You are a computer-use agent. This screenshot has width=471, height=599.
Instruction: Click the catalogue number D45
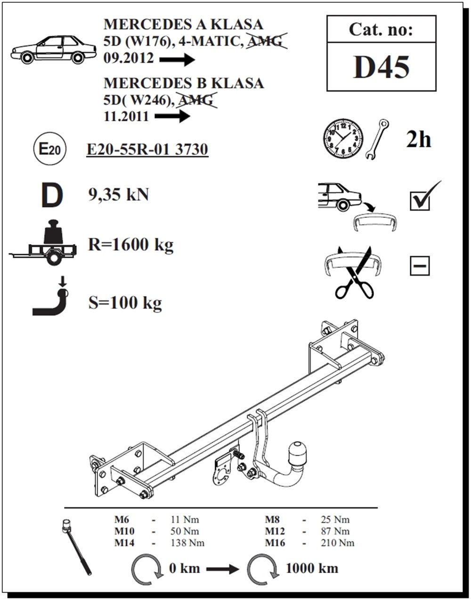tap(381, 67)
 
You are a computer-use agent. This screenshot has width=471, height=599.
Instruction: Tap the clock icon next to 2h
tap(342, 138)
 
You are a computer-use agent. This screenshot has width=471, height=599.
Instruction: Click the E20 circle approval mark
tap(49, 150)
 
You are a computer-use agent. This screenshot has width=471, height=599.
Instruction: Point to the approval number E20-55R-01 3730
tap(147, 149)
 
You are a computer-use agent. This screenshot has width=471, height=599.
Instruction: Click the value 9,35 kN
tap(118, 194)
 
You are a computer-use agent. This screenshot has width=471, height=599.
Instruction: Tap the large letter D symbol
tap(51, 197)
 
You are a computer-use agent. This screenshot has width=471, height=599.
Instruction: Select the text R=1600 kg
tap(130, 245)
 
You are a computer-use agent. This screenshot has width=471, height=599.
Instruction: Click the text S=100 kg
tap(125, 302)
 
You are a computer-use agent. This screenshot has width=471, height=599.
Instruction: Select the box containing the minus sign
tap(420, 266)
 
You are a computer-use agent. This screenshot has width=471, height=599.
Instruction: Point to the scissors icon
tap(354, 276)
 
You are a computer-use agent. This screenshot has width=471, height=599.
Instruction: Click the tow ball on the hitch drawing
tap(298, 451)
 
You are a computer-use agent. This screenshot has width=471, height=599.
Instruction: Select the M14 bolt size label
tap(124, 543)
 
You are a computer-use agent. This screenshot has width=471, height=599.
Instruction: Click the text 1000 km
tap(311, 568)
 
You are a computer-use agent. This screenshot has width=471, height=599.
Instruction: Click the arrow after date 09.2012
tap(177, 60)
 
